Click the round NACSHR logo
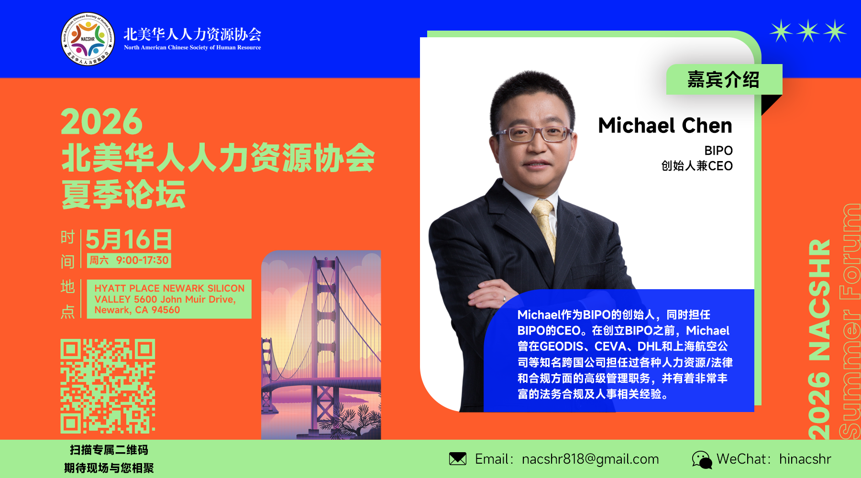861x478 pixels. pos(88,39)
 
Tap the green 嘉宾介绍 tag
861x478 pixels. pos(724,79)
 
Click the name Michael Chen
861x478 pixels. pos(665,125)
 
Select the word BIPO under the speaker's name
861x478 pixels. pos(718,151)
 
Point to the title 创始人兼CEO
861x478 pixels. pos(697,166)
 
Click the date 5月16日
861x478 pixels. pos(129,239)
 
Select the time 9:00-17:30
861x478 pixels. pos(142,260)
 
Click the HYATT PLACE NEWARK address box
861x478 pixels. pos(169,299)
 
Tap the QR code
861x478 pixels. pos(108,386)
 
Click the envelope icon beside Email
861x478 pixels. pos(458,459)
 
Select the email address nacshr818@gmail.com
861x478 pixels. pos(590,459)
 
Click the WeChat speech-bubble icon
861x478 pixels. pos(702,460)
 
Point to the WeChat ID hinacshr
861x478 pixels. pos(805,459)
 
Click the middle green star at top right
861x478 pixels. pos(808,31)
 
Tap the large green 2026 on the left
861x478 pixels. pos(102,122)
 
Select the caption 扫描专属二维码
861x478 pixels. pos(109,450)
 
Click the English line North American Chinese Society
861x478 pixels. pos(192,47)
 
